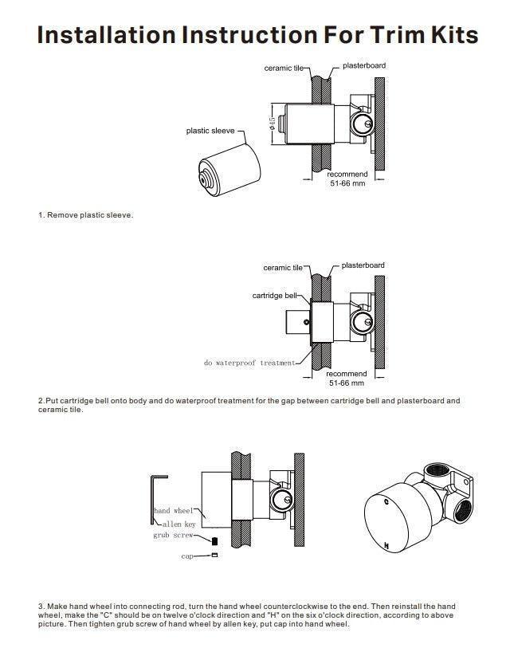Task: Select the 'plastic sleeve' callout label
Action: [210, 131]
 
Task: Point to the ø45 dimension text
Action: [272, 124]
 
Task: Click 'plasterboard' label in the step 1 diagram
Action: [364, 65]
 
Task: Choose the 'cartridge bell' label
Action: [274, 295]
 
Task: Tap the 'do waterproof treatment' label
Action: [249, 363]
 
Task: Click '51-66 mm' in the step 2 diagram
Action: [347, 383]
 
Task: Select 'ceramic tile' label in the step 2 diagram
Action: [283, 268]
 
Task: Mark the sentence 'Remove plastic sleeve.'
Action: [89, 215]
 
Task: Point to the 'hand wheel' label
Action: [174, 510]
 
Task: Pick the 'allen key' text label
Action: [178, 524]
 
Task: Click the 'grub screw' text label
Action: [172, 536]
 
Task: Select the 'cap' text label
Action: [187, 556]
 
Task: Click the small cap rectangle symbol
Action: [214, 556]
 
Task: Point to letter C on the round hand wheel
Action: [386, 504]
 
